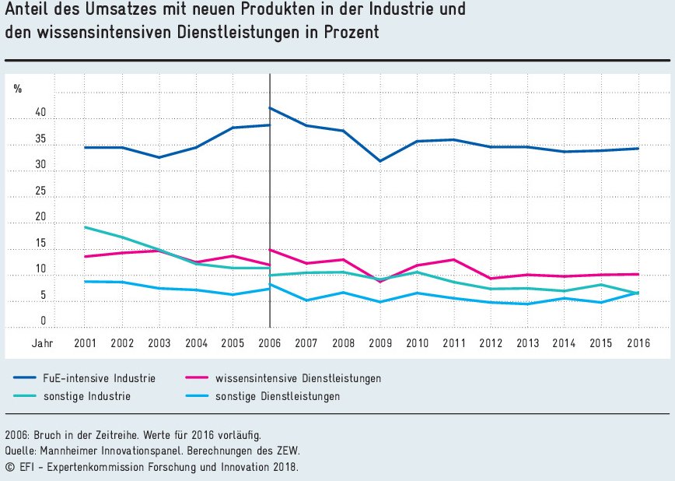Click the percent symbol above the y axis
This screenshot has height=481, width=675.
tap(18, 89)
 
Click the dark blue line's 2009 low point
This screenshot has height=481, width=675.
tap(380, 161)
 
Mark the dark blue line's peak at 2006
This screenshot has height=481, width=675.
tap(270, 107)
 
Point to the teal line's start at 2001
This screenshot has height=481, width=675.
tap(85, 227)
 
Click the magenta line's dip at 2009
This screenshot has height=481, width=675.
tap(380, 281)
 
